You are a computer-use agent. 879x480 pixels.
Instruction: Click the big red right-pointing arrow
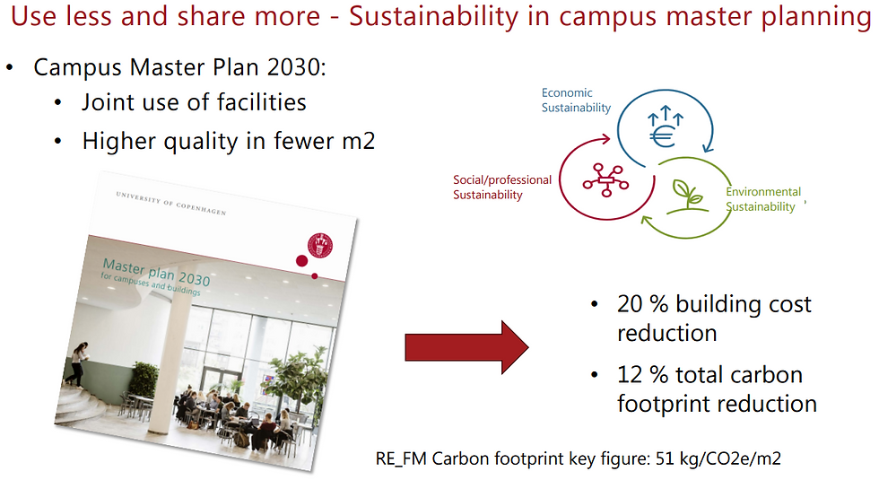466,347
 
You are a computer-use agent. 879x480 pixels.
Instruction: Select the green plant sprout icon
687,196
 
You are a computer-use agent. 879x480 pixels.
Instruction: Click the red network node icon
605,180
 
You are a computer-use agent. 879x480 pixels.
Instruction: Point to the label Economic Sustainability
576,100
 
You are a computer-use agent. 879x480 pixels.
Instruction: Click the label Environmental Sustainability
763,199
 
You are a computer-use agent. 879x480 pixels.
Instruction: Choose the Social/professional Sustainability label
502,188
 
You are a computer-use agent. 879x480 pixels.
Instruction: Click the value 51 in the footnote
665,458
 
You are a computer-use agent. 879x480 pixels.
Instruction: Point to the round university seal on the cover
320,245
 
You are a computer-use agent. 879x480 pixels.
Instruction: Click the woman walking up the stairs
78,364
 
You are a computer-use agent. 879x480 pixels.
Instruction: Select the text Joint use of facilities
194,102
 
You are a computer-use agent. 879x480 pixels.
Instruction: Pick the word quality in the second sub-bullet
201,142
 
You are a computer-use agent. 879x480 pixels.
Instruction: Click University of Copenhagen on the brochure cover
171,203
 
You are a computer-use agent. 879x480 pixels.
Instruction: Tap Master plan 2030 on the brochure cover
156,272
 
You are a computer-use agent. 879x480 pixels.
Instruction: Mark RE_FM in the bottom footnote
401,459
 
